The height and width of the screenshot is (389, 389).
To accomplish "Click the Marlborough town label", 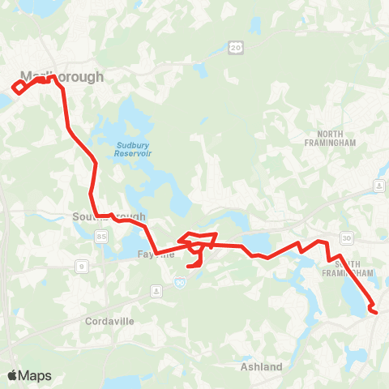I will click(x=62, y=77).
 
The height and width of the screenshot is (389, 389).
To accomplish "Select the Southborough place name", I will click(x=109, y=217).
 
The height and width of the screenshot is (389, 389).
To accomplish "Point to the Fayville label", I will click(x=152, y=254).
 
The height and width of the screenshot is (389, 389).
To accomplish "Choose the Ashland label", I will click(x=262, y=366).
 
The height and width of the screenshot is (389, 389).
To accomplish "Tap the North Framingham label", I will click(x=336, y=137).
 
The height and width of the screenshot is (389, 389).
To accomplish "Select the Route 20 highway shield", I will click(x=236, y=49).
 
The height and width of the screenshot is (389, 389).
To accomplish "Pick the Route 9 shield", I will click(x=82, y=265).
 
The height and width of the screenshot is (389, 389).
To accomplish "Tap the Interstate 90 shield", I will click(x=179, y=281).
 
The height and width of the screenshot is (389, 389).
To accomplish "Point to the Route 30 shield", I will click(x=347, y=237).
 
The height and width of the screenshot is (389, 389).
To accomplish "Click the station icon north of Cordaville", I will click(x=156, y=290).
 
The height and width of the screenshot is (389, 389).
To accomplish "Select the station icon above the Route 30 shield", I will click(x=378, y=187).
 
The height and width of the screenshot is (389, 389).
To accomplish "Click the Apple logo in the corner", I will click(x=12, y=375).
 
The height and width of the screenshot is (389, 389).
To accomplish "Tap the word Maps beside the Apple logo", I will click(x=35, y=375).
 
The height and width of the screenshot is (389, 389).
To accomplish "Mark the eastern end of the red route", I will click(x=375, y=311).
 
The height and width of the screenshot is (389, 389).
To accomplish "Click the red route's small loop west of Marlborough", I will click(x=19, y=87).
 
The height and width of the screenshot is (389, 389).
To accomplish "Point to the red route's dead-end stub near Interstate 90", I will click(x=190, y=264).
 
